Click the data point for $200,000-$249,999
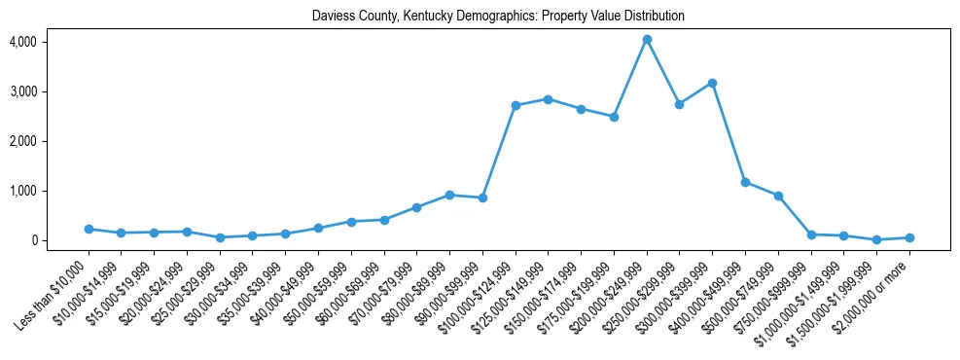(647, 40)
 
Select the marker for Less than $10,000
(89, 230)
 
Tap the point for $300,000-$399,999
(712, 84)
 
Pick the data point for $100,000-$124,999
(516, 105)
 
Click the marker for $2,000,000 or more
(909, 237)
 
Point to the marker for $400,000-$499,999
(745, 182)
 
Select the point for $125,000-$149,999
(549, 99)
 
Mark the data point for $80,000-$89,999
(449, 195)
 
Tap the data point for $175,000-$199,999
(614, 117)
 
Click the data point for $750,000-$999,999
(811, 234)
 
